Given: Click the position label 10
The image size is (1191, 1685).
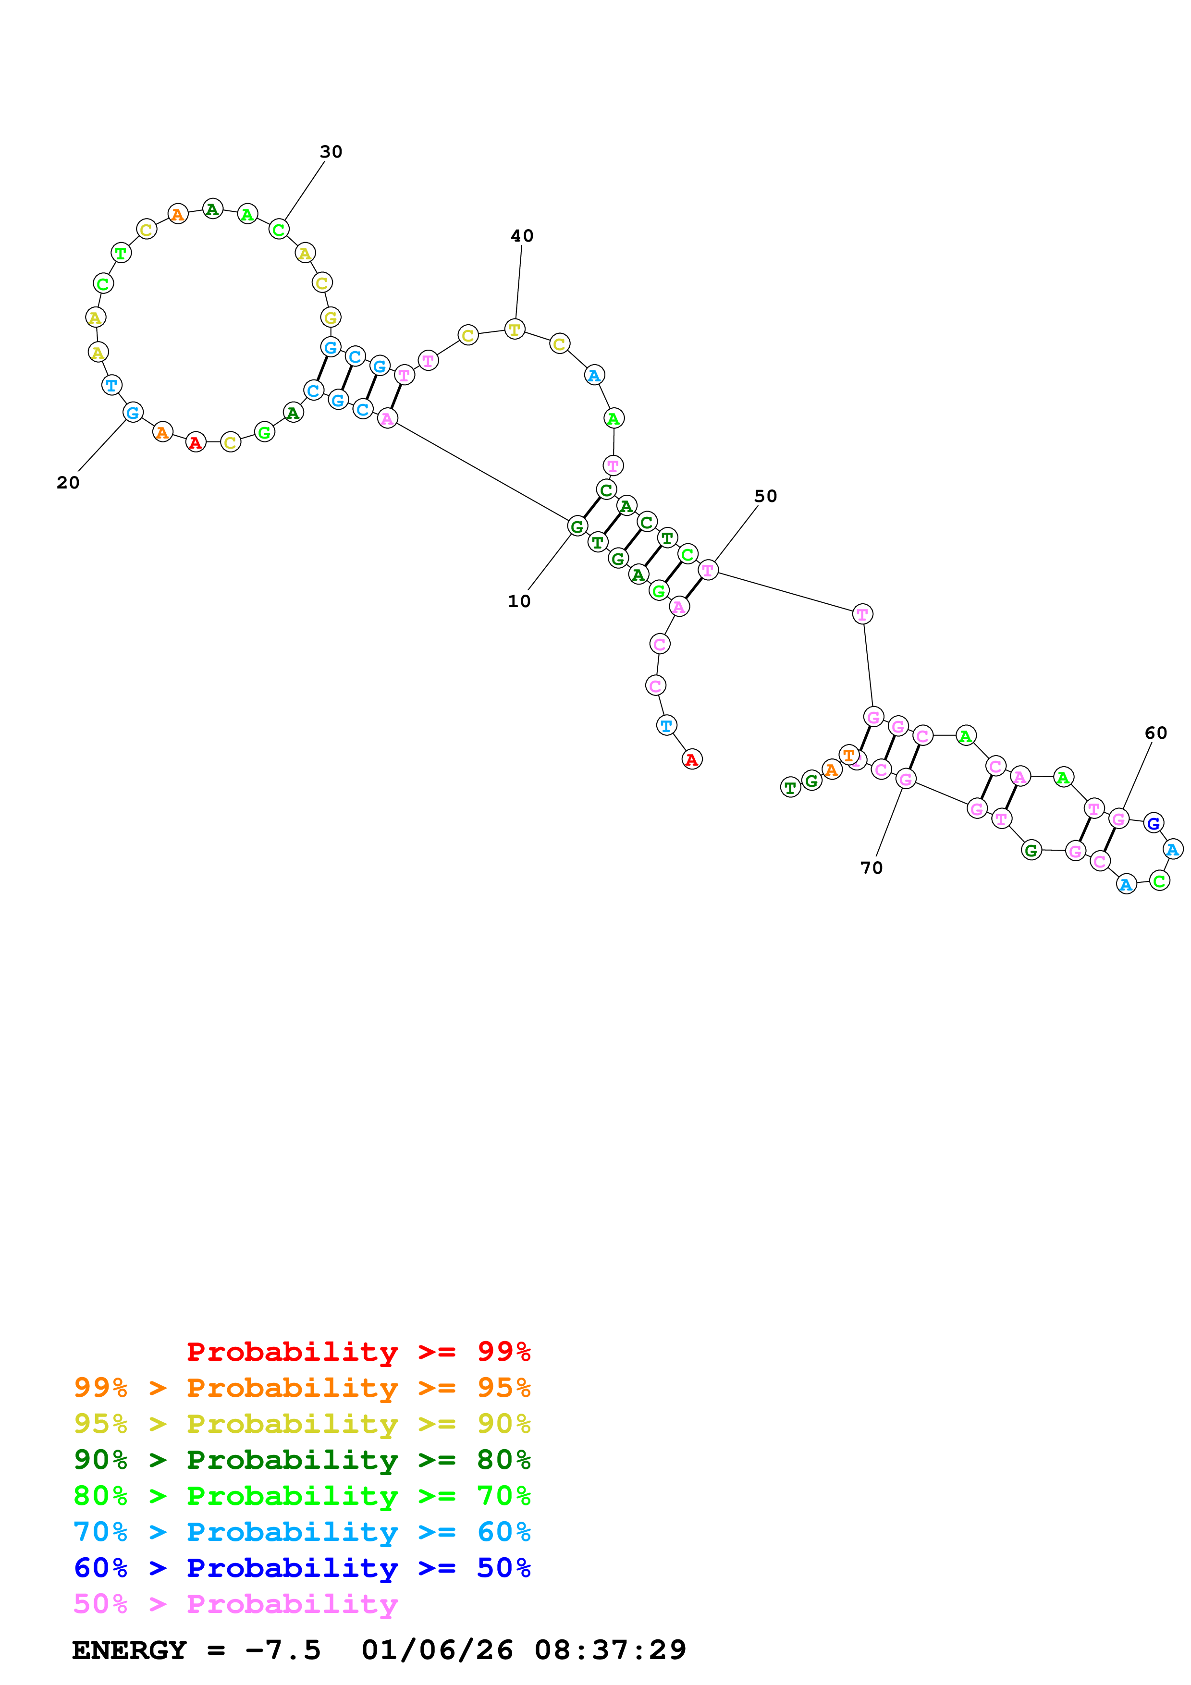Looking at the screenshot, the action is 519,601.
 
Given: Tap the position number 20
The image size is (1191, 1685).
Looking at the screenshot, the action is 68,483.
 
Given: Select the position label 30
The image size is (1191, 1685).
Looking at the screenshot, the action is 331,152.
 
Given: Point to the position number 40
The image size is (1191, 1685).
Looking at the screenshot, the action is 522,235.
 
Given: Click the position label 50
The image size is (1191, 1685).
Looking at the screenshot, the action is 765,496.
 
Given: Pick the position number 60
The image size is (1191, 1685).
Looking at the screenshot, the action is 1156,733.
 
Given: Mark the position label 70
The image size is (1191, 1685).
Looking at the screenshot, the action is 871,868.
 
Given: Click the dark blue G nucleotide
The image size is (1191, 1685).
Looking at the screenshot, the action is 1153,823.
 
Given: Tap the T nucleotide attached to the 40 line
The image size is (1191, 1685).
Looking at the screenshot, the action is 515,330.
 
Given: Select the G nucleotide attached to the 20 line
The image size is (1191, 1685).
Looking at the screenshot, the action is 133,413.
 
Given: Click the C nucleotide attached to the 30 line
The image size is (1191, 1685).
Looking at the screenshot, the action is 278,230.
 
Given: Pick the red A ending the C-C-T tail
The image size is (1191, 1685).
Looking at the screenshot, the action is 691,759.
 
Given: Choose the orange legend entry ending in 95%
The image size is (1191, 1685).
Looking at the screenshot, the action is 302,1388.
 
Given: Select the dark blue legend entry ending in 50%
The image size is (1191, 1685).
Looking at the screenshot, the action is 302,1568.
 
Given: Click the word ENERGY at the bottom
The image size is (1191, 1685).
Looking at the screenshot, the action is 129,1650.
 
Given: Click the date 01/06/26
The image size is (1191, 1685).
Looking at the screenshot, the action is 437,1650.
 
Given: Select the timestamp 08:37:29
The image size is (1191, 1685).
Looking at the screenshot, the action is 610,1650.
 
